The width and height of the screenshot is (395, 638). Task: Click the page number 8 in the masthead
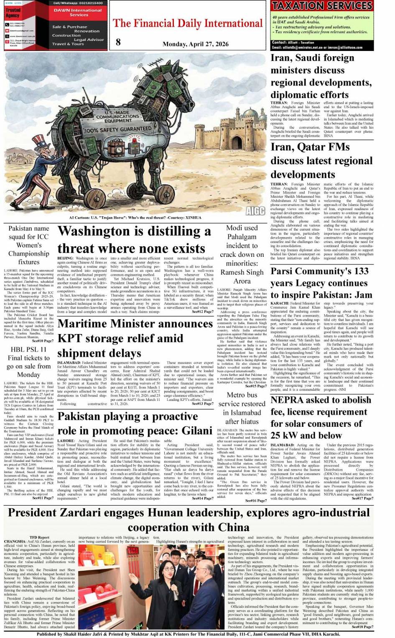pyautogui.click(x=118, y=42)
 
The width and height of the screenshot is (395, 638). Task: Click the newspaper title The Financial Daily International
pyautogui.click(x=188, y=23)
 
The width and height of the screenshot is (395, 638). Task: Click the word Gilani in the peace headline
pyautogui.click(x=196, y=430)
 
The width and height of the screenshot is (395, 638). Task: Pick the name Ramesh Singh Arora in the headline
pyautogui.click(x=242, y=276)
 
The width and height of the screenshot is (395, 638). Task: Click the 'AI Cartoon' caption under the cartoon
pyautogui.click(x=135, y=218)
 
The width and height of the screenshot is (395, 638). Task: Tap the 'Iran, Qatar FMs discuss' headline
pyautogui.click(x=321, y=160)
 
